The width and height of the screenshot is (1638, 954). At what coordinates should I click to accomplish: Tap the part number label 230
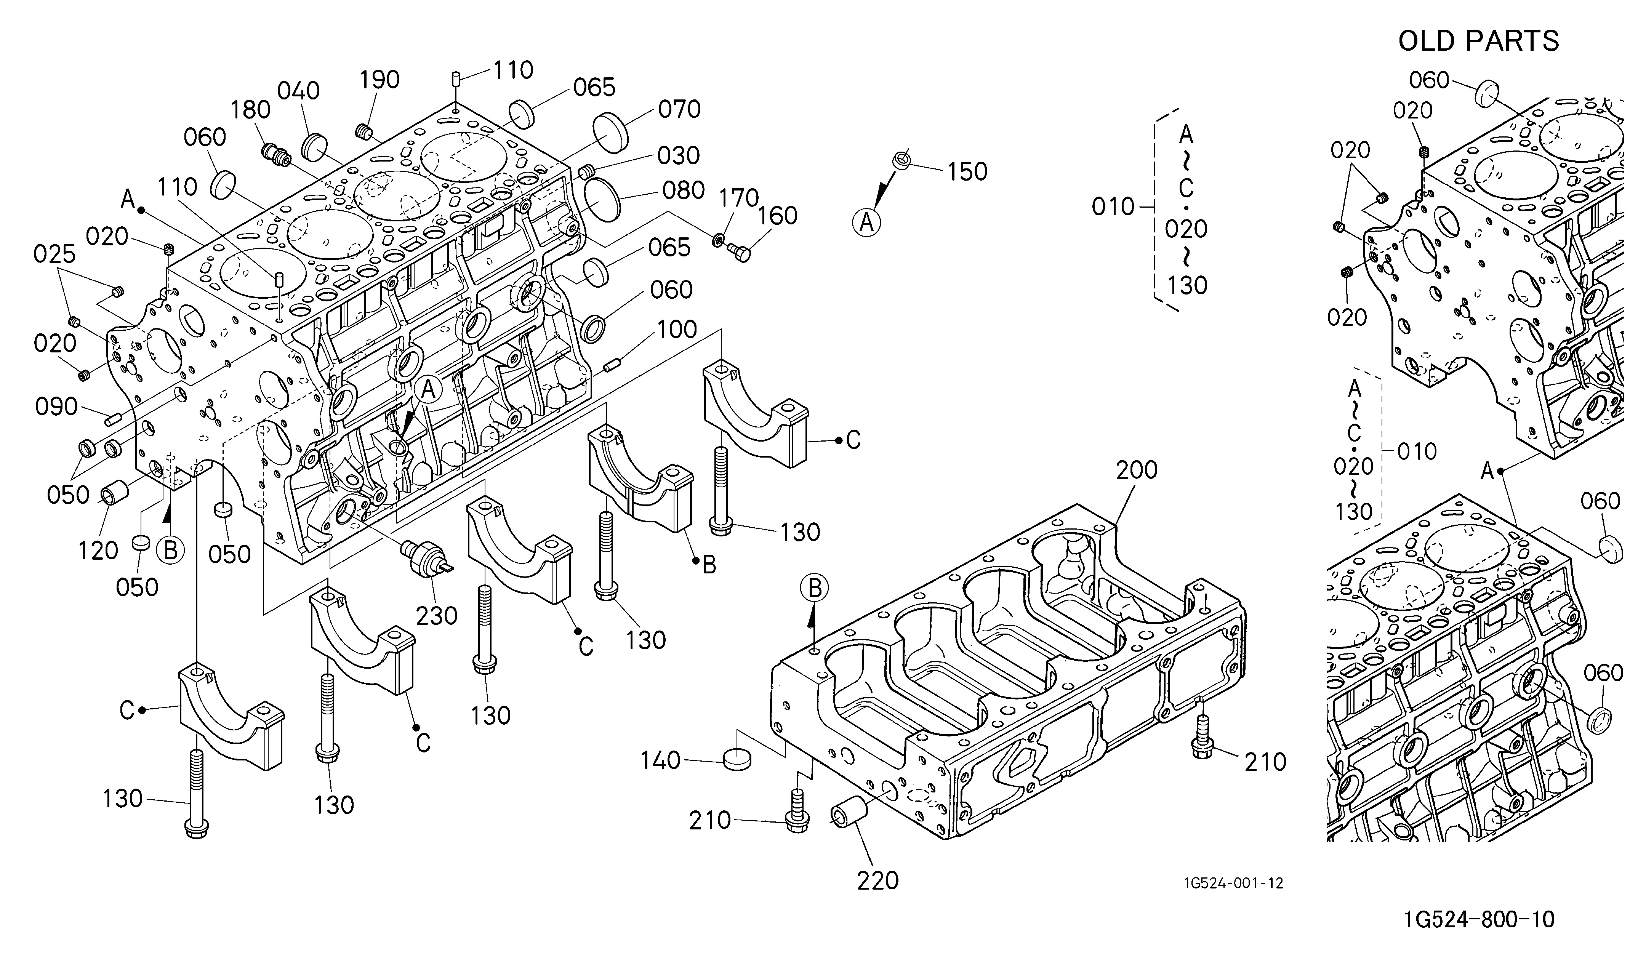click(x=437, y=615)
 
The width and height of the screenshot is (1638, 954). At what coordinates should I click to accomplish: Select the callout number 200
click(x=1137, y=470)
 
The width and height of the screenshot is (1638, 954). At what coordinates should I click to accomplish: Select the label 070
click(x=679, y=109)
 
